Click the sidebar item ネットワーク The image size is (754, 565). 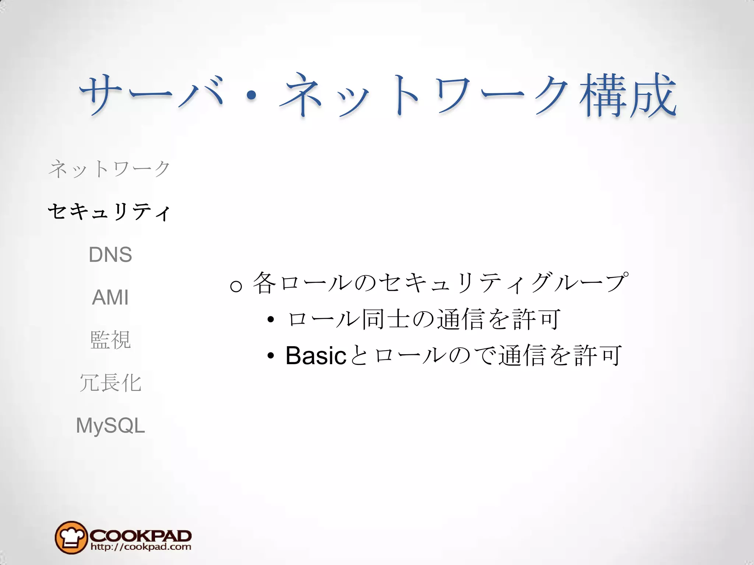[x=109, y=169]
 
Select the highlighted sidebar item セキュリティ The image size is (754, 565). [x=109, y=212]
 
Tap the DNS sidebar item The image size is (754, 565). [x=110, y=255]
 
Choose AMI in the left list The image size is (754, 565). [x=110, y=297]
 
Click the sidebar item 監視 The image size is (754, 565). [x=110, y=340]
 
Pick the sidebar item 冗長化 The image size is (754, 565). [x=110, y=383]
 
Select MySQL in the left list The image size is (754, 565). [x=110, y=426]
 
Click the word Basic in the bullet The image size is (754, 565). [x=316, y=356]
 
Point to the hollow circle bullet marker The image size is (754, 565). [x=236, y=286]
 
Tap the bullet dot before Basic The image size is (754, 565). [x=271, y=356]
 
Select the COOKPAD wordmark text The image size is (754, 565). [x=140, y=535]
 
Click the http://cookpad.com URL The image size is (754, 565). [x=141, y=547]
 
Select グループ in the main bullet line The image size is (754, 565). [x=578, y=282]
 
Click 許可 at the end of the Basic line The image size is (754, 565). [x=598, y=356]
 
